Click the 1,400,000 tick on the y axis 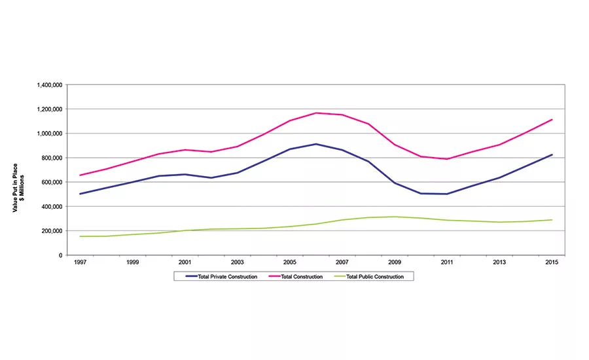pyautogui.click(x=48, y=85)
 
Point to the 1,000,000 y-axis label pyautogui.click(x=48, y=134)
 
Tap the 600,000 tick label pyautogui.click(x=52, y=182)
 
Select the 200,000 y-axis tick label pyautogui.click(x=52, y=231)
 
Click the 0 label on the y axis pyautogui.click(x=60, y=255)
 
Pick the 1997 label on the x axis pyautogui.click(x=80, y=262)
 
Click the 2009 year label pyautogui.click(x=395, y=262)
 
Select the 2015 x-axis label pyautogui.click(x=552, y=262)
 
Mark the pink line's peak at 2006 pyautogui.click(x=316, y=113)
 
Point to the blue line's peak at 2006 pyautogui.click(x=316, y=144)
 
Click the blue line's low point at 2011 pyautogui.click(x=447, y=194)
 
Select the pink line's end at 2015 pyautogui.click(x=552, y=120)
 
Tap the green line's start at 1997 pyautogui.click(x=80, y=236)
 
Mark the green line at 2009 pyautogui.click(x=395, y=217)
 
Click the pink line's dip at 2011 pyautogui.click(x=447, y=159)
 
